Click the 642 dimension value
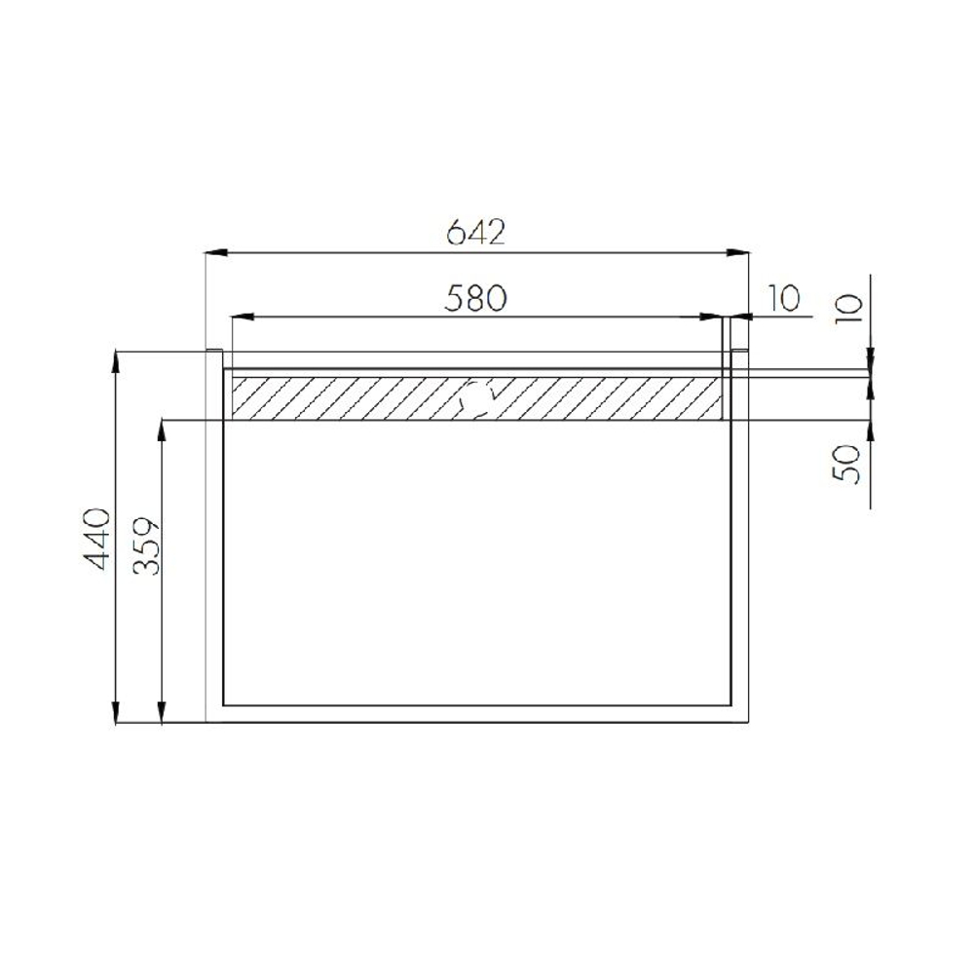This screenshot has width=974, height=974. tap(476, 233)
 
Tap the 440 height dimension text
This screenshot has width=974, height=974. tap(96, 539)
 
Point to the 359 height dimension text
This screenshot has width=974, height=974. tap(147, 545)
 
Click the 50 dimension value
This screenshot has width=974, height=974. tap(847, 465)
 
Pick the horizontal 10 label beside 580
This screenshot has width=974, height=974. tap(784, 298)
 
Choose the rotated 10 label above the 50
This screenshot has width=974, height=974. tap(849, 308)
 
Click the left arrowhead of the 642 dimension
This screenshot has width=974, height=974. tap(215, 252)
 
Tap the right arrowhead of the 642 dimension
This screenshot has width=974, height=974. tap(739, 252)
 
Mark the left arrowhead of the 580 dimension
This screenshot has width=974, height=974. tap(242, 318)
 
